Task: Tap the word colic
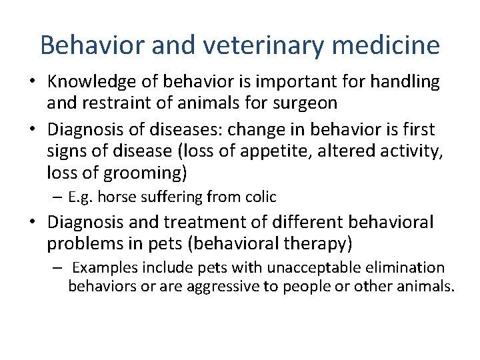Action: tap(261, 197)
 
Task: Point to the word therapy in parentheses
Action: tap(320, 243)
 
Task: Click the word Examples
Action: tap(101, 268)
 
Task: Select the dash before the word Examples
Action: tap(59, 268)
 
